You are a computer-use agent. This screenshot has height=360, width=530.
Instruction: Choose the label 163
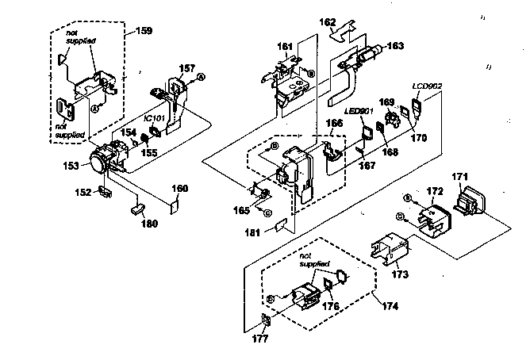(x=394, y=47)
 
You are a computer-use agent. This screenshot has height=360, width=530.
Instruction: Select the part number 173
(x=399, y=274)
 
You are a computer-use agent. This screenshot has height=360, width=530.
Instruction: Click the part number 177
(x=261, y=338)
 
